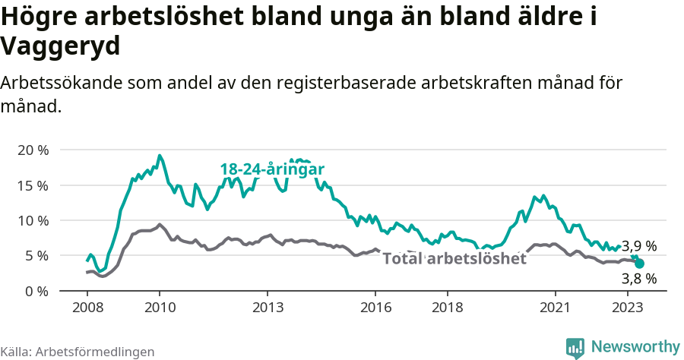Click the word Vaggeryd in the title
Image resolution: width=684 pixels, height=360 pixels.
point(61,47)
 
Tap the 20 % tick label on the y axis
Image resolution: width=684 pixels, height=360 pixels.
point(33,150)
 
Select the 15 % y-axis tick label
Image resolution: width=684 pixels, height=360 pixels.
point(33,185)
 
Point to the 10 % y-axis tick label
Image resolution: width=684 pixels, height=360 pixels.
point(33,220)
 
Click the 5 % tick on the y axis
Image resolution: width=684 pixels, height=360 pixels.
point(36,256)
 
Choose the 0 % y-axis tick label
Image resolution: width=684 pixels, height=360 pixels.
point(36,291)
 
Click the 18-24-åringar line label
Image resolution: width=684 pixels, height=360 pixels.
point(273,169)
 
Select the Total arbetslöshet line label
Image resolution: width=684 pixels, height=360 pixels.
point(454,259)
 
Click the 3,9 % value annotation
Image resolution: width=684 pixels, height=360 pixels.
point(640,246)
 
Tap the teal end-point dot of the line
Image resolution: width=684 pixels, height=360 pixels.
point(639,264)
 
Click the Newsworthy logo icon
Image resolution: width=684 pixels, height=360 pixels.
point(576,347)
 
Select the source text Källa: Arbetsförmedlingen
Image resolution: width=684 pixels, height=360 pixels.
point(78,352)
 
